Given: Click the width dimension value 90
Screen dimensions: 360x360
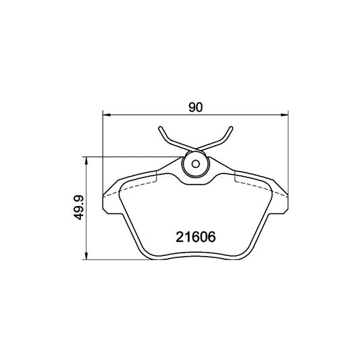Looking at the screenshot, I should point(196,107).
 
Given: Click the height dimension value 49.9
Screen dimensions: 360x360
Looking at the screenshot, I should point(80,208).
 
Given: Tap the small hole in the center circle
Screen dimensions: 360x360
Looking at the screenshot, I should point(195,163).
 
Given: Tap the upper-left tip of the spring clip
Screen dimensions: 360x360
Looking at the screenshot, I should point(160,128).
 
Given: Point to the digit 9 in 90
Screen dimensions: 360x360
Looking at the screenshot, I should point(192,107).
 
